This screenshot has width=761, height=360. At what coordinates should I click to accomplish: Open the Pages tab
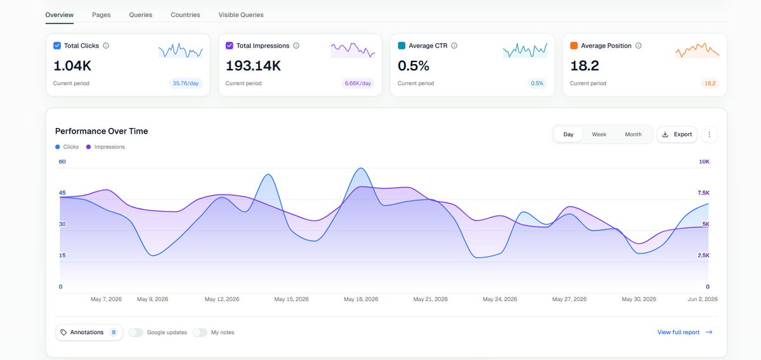pos(101,15)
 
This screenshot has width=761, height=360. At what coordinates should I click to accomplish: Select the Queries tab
pos(141,15)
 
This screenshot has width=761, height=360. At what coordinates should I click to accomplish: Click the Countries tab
pos(185,15)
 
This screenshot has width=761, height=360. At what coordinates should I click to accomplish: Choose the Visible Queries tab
pos(241,15)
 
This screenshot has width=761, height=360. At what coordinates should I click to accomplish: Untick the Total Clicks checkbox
pos(57,46)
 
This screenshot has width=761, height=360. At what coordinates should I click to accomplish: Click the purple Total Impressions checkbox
pos(230,46)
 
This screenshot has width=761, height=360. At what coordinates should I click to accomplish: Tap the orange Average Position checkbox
pos(574,46)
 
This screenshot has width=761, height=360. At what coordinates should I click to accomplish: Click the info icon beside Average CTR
pos(454,46)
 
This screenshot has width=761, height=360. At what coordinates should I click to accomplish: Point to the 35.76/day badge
pos(185,83)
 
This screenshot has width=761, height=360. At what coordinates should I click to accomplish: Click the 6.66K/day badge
pos(358,83)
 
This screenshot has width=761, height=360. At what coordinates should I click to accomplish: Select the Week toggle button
pos(599,134)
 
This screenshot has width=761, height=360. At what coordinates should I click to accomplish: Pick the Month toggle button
pos(634,134)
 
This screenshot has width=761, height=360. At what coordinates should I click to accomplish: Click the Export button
pos(677,134)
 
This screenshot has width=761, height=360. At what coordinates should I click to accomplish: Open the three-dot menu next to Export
pos(710,134)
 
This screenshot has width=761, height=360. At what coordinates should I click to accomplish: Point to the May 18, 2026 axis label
pos(361,299)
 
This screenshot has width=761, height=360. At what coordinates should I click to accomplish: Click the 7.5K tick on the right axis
pos(703,193)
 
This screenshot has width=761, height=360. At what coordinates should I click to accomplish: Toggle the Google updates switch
pos(136,333)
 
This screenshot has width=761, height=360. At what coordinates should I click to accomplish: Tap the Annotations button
pos(89,333)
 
